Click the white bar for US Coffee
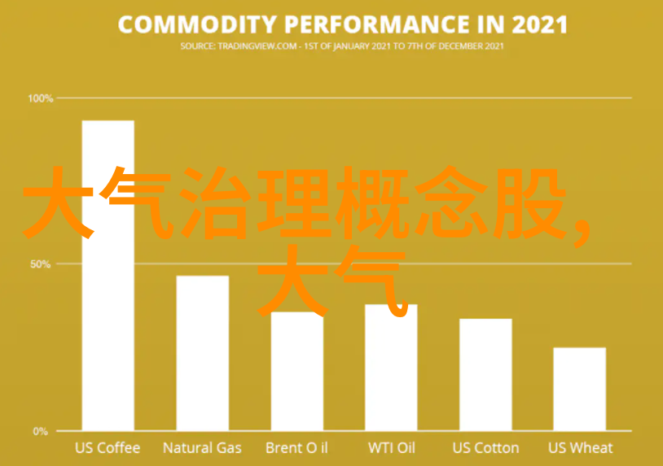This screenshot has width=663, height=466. [x=108, y=275]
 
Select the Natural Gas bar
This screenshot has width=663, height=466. [x=203, y=353]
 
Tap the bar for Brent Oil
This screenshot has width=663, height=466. [x=297, y=371]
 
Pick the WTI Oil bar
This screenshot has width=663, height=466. [x=391, y=368]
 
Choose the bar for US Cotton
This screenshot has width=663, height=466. [x=485, y=374]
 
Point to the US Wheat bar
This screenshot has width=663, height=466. [x=580, y=389]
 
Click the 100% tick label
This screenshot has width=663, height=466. [x=41, y=98]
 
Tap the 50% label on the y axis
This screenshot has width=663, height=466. [x=41, y=264]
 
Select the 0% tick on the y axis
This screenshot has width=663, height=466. [x=41, y=431]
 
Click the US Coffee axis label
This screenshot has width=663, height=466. [x=108, y=448]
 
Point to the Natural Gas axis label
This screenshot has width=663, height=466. [x=202, y=448]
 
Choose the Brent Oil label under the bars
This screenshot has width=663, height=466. [x=296, y=448]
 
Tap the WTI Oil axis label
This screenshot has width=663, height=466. [x=392, y=448]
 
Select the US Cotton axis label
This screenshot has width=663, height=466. [x=485, y=448]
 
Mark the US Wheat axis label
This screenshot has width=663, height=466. [x=581, y=448]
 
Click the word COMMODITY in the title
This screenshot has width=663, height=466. [x=197, y=24]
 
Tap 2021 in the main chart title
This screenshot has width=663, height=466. [x=539, y=24]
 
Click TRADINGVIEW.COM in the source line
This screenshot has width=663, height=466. [x=257, y=46]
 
